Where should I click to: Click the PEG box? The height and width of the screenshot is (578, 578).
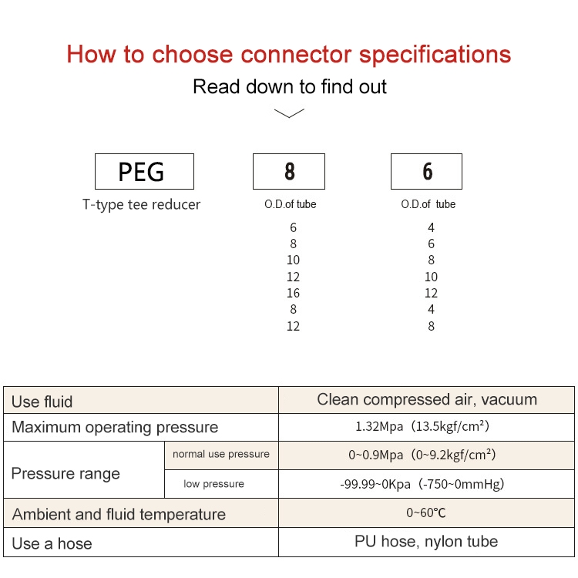click(144, 171)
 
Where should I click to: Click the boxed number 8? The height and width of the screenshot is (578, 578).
click(289, 171)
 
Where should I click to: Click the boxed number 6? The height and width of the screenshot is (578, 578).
click(427, 171)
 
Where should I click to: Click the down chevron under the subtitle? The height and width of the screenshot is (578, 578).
click(289, 113)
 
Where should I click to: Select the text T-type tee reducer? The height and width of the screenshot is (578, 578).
click(141, 205)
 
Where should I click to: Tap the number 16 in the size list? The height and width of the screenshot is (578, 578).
click(293, 293)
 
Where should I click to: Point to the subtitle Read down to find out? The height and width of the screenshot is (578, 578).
click(289, 86)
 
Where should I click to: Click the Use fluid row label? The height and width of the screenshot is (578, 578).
click(42, 402)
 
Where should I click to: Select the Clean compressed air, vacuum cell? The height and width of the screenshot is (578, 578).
click(427, 399)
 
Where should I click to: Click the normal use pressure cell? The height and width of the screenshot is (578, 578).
click(221, 455)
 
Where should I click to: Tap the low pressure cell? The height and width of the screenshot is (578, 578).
click(213, 484)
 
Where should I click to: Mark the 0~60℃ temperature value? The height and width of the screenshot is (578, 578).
click(427, 512)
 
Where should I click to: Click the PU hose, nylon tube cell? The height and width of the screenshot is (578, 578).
click(427, 542)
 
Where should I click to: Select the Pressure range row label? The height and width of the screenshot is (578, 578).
click(66, 473)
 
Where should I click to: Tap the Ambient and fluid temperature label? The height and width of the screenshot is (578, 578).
click(119, 515)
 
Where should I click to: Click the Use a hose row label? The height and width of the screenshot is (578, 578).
click(52, 544)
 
